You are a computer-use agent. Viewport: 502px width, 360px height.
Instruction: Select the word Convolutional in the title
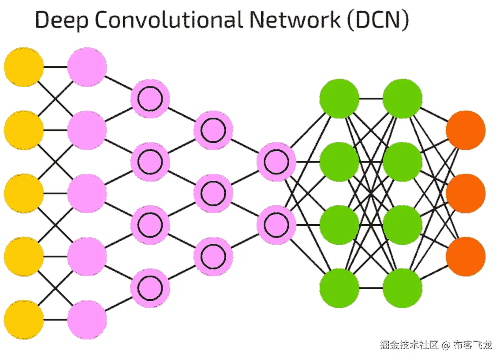(168, 20)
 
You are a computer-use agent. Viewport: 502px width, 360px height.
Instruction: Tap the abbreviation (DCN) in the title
(378, 20)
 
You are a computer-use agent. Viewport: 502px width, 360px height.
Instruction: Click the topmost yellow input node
(24, 67)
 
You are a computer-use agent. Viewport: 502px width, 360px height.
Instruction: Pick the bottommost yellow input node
(24, 319)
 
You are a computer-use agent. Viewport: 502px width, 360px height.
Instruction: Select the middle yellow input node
(24, 193)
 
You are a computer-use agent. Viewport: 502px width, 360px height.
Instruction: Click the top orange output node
(466, 130)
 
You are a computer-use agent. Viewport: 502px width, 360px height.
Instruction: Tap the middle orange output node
(466, 193)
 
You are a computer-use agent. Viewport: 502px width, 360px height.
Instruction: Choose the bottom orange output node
(466, 257)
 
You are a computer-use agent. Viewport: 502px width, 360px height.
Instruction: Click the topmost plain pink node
(87, 67)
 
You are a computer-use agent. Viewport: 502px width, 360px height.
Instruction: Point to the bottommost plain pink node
(87, 319)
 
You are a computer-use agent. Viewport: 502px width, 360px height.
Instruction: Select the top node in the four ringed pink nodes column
(150, 99)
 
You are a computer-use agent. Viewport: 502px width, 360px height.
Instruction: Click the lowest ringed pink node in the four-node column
(150, 288)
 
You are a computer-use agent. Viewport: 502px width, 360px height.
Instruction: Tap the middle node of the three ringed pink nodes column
(213, 193)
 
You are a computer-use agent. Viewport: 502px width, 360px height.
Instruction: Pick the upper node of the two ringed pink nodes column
(276, 162)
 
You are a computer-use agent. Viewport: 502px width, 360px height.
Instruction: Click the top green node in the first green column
(339, 99)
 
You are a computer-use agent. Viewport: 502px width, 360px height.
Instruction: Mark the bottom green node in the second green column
(403, 288)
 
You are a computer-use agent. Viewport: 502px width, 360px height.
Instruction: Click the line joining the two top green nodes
(371, 99)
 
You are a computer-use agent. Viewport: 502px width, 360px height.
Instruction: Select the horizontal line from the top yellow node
(55, 67)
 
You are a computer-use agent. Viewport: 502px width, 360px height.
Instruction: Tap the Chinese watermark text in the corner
(436, 345)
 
